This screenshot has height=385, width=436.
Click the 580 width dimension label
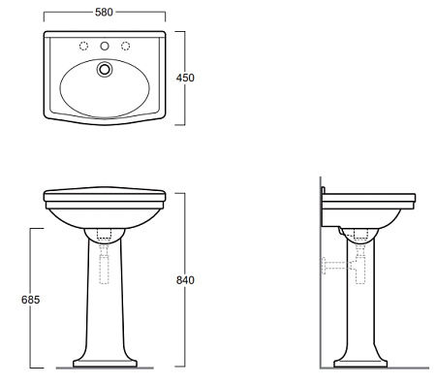point(104,13)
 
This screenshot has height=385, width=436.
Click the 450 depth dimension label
point(185,78)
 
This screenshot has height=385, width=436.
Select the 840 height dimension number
point(185,280)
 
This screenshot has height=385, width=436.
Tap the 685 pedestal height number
point(31,300)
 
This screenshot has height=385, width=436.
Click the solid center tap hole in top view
point(105,47)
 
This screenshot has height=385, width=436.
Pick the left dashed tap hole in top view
point(83,47)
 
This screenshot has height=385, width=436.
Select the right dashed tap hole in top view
point(126,47)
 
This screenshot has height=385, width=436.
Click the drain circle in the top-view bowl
point(105,69)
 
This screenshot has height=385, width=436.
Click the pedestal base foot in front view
point(105,363)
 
